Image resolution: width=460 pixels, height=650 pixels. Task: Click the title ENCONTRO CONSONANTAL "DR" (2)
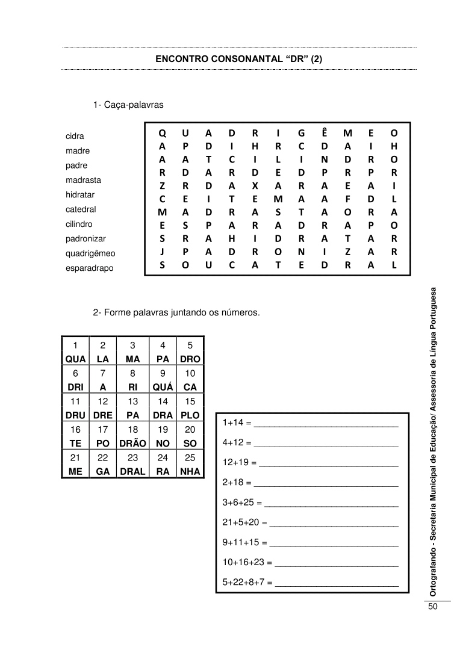click(x=239, y=60)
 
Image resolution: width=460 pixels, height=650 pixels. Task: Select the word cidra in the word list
click(x=75, y=136)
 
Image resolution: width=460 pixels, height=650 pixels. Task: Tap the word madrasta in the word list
click(x=83, y=180)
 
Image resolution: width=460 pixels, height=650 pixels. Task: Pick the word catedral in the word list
click(x=81, y=209)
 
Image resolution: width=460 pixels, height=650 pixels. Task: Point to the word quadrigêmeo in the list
click(x=90, y=253)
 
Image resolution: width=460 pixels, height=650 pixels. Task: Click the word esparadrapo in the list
click(x=89, y=268)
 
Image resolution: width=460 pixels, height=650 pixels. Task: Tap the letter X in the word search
click(x=255, y=185)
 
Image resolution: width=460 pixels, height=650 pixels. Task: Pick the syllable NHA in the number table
click(x=190, y=472)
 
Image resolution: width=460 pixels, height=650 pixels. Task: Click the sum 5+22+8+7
click(x=246, y=582)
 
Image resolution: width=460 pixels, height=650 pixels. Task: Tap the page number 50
click(x=433, y=606)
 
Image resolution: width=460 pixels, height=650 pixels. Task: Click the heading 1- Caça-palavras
click(x=128, y=105)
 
